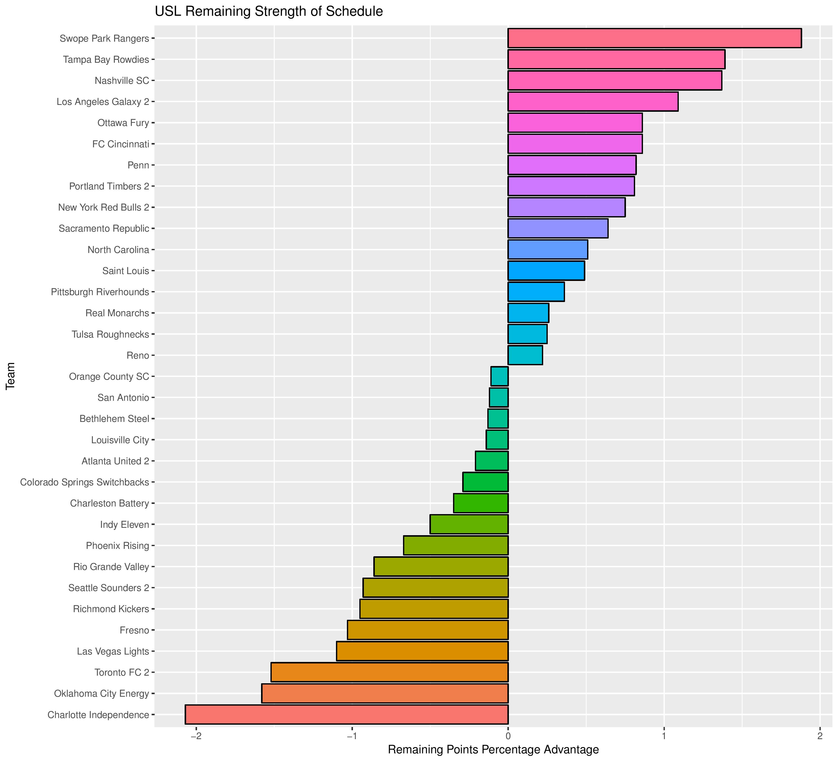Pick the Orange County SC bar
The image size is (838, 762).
pyautogui.click(x=500, y=377)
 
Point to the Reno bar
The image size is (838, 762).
pyautogui.click(x=525, y=355)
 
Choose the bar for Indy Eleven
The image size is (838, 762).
pyautogui.click(x=469, y=524)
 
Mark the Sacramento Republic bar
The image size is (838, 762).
pyautogui.click(x=558, y=228)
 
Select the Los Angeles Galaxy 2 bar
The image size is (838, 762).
pyautogui.click(x=593, y=101)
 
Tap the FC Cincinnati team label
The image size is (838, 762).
pyautogui.click(x=121, y=144)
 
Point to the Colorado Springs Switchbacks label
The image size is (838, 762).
pyautogui.click(x=84, y=482)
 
